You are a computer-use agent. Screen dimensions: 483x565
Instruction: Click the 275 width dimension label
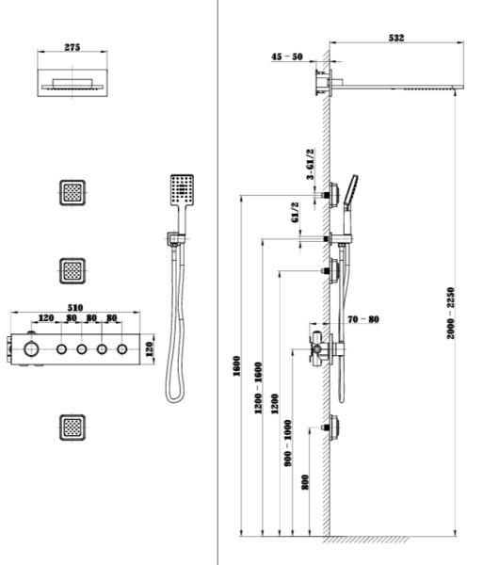[72, 47]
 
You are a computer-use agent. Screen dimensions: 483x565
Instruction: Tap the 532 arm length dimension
[396, 38]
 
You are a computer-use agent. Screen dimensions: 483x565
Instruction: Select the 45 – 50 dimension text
[287, 56]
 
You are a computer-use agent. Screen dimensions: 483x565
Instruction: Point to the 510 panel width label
[75, 308]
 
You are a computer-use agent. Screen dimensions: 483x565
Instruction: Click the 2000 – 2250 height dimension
[451, 313]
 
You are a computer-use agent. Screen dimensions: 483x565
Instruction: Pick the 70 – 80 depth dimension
[363, 319]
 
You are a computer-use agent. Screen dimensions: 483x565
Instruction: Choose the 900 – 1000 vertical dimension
[288, 444]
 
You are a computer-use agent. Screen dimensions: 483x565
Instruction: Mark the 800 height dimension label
[305, 482]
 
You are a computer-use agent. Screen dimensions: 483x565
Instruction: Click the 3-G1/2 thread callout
[310, 164]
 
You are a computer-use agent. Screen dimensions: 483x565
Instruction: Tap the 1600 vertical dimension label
[236, 366]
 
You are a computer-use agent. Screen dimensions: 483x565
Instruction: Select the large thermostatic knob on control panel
[31, 348]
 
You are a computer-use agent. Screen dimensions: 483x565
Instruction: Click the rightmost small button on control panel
[122, 349]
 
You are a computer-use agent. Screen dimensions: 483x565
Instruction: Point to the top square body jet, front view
[72, 193]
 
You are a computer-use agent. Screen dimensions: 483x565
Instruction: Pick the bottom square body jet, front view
[72, 428]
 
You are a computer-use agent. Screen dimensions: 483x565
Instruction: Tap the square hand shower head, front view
[182, 190]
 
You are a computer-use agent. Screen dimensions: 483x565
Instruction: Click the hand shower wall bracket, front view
[176, 238]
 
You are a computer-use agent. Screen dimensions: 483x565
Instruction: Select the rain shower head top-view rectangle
[72, 83]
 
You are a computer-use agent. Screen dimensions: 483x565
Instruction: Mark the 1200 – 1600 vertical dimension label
[258, 388]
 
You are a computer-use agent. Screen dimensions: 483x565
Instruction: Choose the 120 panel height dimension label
[150, 349]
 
